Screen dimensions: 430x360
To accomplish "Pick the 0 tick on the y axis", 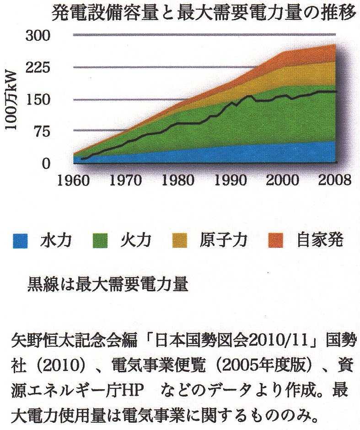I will (x=50, y=163).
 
